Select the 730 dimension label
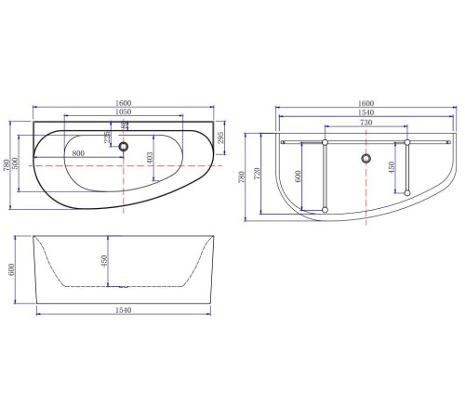point(365,122)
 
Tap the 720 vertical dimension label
point(258,172)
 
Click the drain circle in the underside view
point(365,160)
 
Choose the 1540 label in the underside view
point(365,111)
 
